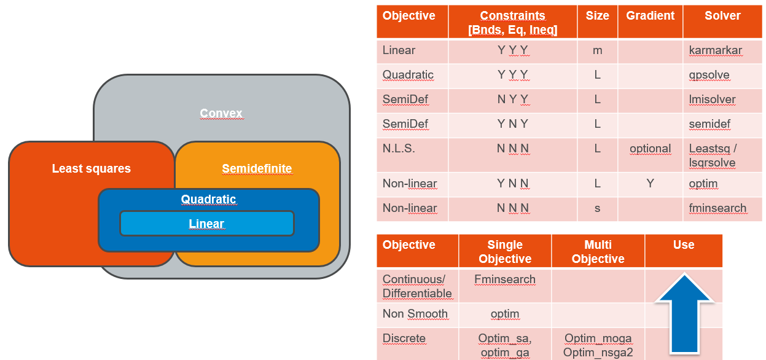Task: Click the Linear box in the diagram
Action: tap(207, 224)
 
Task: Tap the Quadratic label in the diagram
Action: tap(208, 199)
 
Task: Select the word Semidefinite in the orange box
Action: tap(257, 168)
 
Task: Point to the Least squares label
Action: tap(92, 168)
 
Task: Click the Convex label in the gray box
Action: tap(221, 113)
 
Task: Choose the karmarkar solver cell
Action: tap(716, 50)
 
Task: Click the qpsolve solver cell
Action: tap(709, 75)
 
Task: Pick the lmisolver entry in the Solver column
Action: tap(712, 100)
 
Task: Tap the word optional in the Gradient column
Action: tap(650, 149)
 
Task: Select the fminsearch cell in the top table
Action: tap(717, 208)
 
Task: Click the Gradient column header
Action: tap(650, 16)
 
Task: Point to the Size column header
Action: tap(598, 16)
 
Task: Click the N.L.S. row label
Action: tap(399, 149)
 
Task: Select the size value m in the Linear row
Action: tap(598, 50)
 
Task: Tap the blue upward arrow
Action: tap(684, 313)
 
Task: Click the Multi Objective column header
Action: tap(598, 252)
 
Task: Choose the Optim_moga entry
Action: tap(598, 338)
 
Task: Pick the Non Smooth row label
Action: tap(415, 313)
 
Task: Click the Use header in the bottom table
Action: tap(684, 245)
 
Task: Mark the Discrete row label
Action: tap(404, 338)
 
